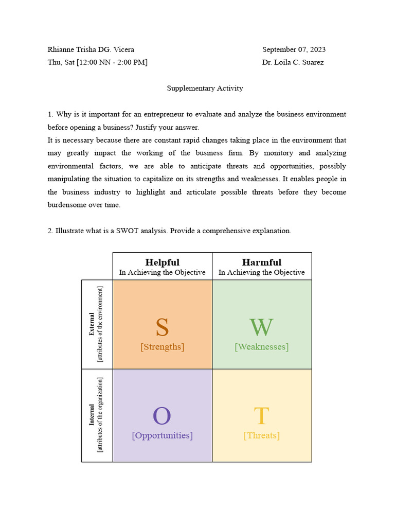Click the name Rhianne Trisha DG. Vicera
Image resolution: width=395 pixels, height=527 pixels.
(x=91, y=50)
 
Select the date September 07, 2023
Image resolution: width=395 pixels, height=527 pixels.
(x=294, y=50)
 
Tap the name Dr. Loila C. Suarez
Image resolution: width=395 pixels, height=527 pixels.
(x=293, y=63)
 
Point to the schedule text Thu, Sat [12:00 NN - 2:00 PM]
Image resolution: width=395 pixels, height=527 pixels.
(x=98, y=63)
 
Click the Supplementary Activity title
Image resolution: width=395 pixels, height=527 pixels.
(x=205, y=89)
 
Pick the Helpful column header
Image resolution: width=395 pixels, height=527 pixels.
(x=162, y=262)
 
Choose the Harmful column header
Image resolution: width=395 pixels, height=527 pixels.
(x=261, y=262)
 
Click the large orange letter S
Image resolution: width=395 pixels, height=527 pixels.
(x=162, y=327)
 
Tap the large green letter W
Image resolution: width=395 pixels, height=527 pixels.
(x=261, y=327)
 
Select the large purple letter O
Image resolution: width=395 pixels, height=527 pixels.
(x=161, y=416)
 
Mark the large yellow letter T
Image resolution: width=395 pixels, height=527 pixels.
(x=261, y=416)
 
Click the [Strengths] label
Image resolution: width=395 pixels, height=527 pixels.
(x=162, y=347)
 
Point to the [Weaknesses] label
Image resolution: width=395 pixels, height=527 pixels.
(x=261, y=347)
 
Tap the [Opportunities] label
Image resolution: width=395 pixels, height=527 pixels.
(x=162, y=435)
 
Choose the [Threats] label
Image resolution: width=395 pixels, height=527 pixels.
(x=261, y=435)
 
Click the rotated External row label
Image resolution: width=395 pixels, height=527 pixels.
(x=92, y=324)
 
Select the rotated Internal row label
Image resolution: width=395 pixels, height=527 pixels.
(x=92, y=414)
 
